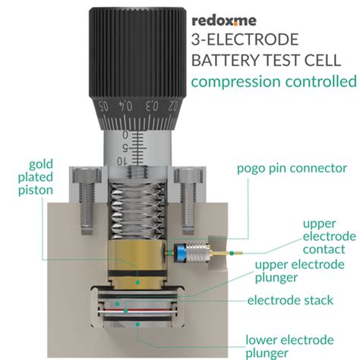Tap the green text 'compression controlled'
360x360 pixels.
pos(273,81)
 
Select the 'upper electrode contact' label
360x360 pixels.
pos(330,237)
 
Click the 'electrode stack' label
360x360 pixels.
pos(290,301)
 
